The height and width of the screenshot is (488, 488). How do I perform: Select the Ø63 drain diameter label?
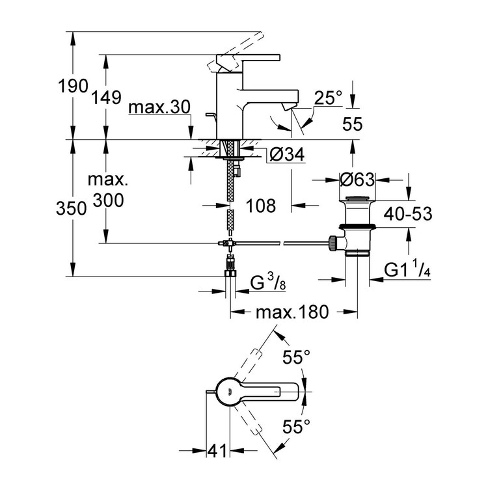click(x=357, y=178)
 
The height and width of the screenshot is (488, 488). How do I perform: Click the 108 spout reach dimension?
click(x=261, y=206)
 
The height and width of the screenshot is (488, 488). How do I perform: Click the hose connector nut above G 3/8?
click(x=229, y=267)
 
